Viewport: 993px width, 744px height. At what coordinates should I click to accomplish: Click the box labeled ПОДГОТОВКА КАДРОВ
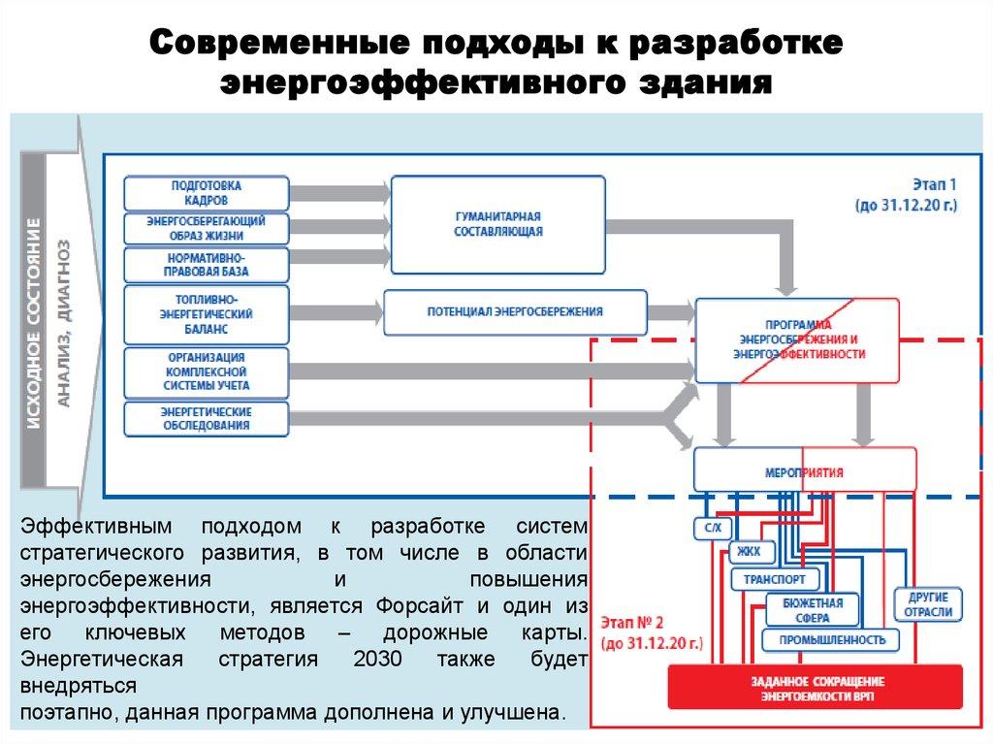click(x=207, y=192)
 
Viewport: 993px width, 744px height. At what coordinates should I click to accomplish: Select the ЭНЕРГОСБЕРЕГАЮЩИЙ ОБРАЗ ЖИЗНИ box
click(x=207, y=228)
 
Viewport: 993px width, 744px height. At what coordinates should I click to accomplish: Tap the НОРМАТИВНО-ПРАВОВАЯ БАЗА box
click(x=207, y=263)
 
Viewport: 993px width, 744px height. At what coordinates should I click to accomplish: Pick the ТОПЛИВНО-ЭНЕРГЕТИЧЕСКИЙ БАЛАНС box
click(x=207, y=313)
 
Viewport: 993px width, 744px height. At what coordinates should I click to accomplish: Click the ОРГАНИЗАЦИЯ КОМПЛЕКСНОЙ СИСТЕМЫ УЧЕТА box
click(x=207, y=372)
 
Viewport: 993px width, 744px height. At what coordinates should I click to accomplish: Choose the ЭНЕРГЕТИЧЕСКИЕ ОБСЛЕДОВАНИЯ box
click(x=207, y=418)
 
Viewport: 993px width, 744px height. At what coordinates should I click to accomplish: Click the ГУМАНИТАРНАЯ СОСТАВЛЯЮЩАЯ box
click(x=498, y=223)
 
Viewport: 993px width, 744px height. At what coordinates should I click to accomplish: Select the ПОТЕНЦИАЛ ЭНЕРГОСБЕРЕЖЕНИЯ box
click(x=515, y=312)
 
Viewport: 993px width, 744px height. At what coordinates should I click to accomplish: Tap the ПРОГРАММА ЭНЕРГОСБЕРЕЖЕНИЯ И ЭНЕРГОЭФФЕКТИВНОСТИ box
click(x=798, y=340)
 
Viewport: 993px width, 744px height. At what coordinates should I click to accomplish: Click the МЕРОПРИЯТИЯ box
click(x=804, y=472)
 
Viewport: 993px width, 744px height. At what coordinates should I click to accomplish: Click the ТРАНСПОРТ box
click(x=774, y=579)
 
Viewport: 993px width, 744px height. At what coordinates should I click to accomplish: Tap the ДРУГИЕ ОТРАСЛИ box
click(x=929, y=604)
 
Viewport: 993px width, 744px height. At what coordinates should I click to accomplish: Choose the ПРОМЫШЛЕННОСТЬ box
click(x=830, y=640)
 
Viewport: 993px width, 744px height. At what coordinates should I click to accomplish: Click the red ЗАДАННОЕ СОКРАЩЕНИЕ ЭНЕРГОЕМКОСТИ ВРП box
click(x=816, y=686)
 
